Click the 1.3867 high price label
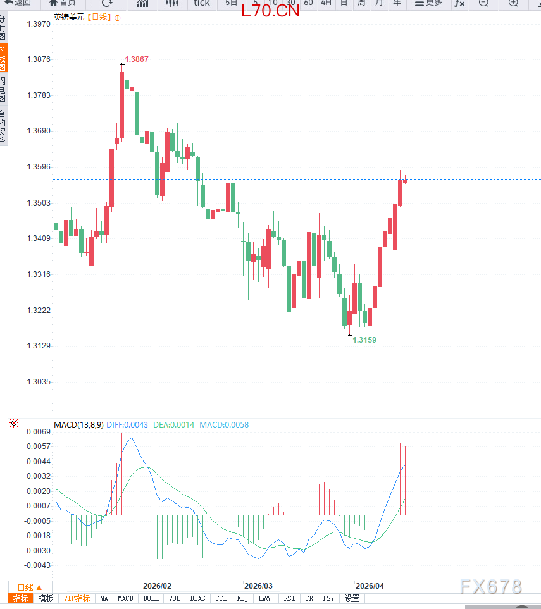137,59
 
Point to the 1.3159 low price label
364,340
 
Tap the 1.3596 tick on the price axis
39,168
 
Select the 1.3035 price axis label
39,382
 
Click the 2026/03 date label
258,586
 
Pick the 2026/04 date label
370,586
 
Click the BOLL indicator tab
151,598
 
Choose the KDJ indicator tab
242,598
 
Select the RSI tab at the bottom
289,598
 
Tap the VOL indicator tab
175,598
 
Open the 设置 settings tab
352,598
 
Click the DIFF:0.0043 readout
127,425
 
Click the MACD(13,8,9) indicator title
78,425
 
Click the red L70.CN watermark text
270,11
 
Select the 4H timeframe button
326,3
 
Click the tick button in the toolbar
201,3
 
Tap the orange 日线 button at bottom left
29,587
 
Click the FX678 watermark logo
491,587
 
